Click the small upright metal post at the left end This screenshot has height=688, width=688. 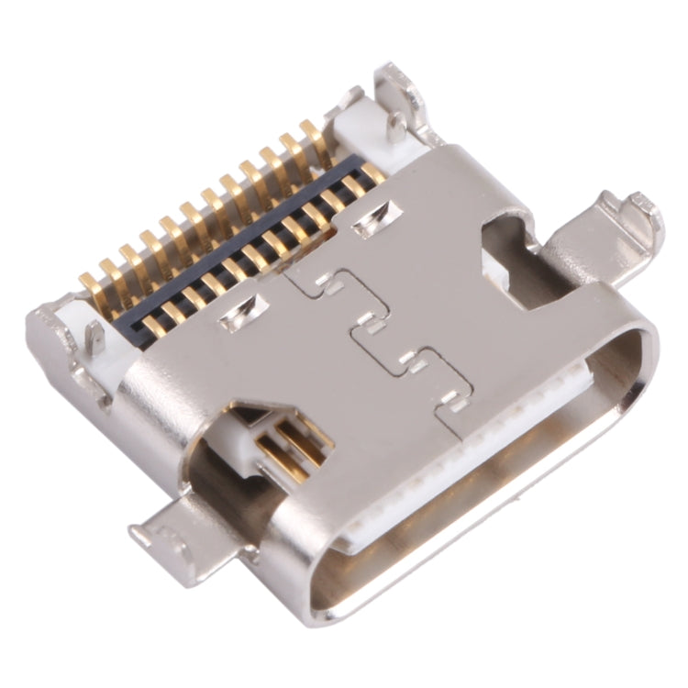94,339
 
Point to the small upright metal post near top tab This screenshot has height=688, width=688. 395,128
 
